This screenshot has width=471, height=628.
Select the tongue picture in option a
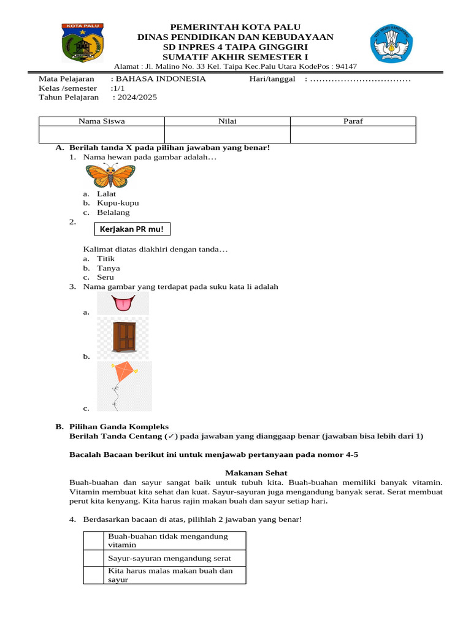coord(123,303)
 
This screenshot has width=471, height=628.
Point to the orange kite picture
coord(124,385)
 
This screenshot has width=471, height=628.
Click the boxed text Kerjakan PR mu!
coord(132,229)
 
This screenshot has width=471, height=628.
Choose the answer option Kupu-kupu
coord(118,203)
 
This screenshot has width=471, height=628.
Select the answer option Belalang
coord(113,213)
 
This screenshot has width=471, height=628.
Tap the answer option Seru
coord(106,277)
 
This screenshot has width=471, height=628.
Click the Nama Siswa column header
coord(102,121)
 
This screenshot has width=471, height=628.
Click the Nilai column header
coord(228,121)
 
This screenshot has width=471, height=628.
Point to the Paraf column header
coord(353,121)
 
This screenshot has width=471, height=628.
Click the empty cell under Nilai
coord(228,134)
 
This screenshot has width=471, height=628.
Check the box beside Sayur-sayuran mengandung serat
coord(94,558)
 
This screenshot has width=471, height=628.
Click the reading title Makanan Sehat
coord(256,473)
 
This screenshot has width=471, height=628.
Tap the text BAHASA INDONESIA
coord(161,79)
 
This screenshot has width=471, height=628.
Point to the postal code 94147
coord(345,67)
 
